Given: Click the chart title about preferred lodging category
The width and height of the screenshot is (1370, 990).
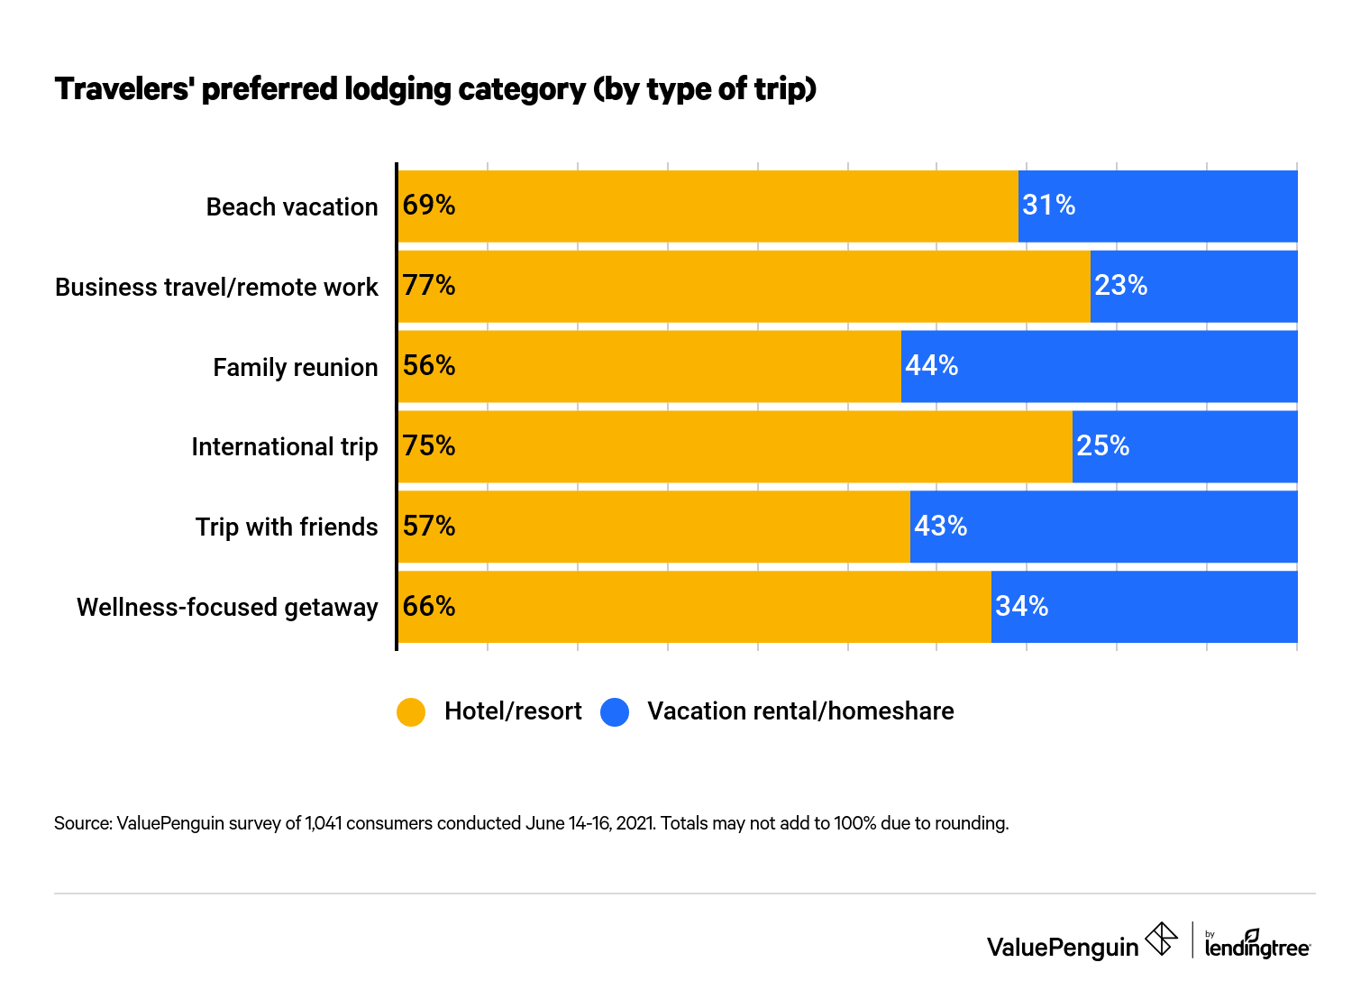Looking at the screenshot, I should tap(435, 89).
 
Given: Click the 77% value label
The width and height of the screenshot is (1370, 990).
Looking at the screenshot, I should tap(429, 286).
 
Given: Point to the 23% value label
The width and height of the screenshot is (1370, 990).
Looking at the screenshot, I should tap(1120, 286).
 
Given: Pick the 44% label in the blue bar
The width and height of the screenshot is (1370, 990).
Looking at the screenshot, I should tap(931, 365).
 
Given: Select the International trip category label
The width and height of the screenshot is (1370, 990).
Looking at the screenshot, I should tap(284, 447).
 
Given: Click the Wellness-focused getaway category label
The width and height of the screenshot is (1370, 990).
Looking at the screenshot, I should tap(227, 608).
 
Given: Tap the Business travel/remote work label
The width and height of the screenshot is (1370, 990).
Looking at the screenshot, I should tap(216, 288).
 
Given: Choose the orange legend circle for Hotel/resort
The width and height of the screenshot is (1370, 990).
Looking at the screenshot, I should tap(411, 712).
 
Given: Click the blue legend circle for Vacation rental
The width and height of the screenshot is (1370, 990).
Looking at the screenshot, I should tap(615, 712).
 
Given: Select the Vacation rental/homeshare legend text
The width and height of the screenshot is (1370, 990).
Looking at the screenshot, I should tap(799, 711).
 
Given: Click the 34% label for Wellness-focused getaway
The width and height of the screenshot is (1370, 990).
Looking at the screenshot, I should tap(1021, 607).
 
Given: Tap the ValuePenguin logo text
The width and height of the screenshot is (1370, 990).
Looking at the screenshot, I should tap(1063, 947).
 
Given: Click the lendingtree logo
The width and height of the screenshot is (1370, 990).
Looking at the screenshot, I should tap(1257, 945).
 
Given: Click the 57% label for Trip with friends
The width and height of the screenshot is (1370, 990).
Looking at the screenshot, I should tap(429, 527).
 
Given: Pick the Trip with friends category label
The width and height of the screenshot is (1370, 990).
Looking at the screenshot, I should tap(287, 527).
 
